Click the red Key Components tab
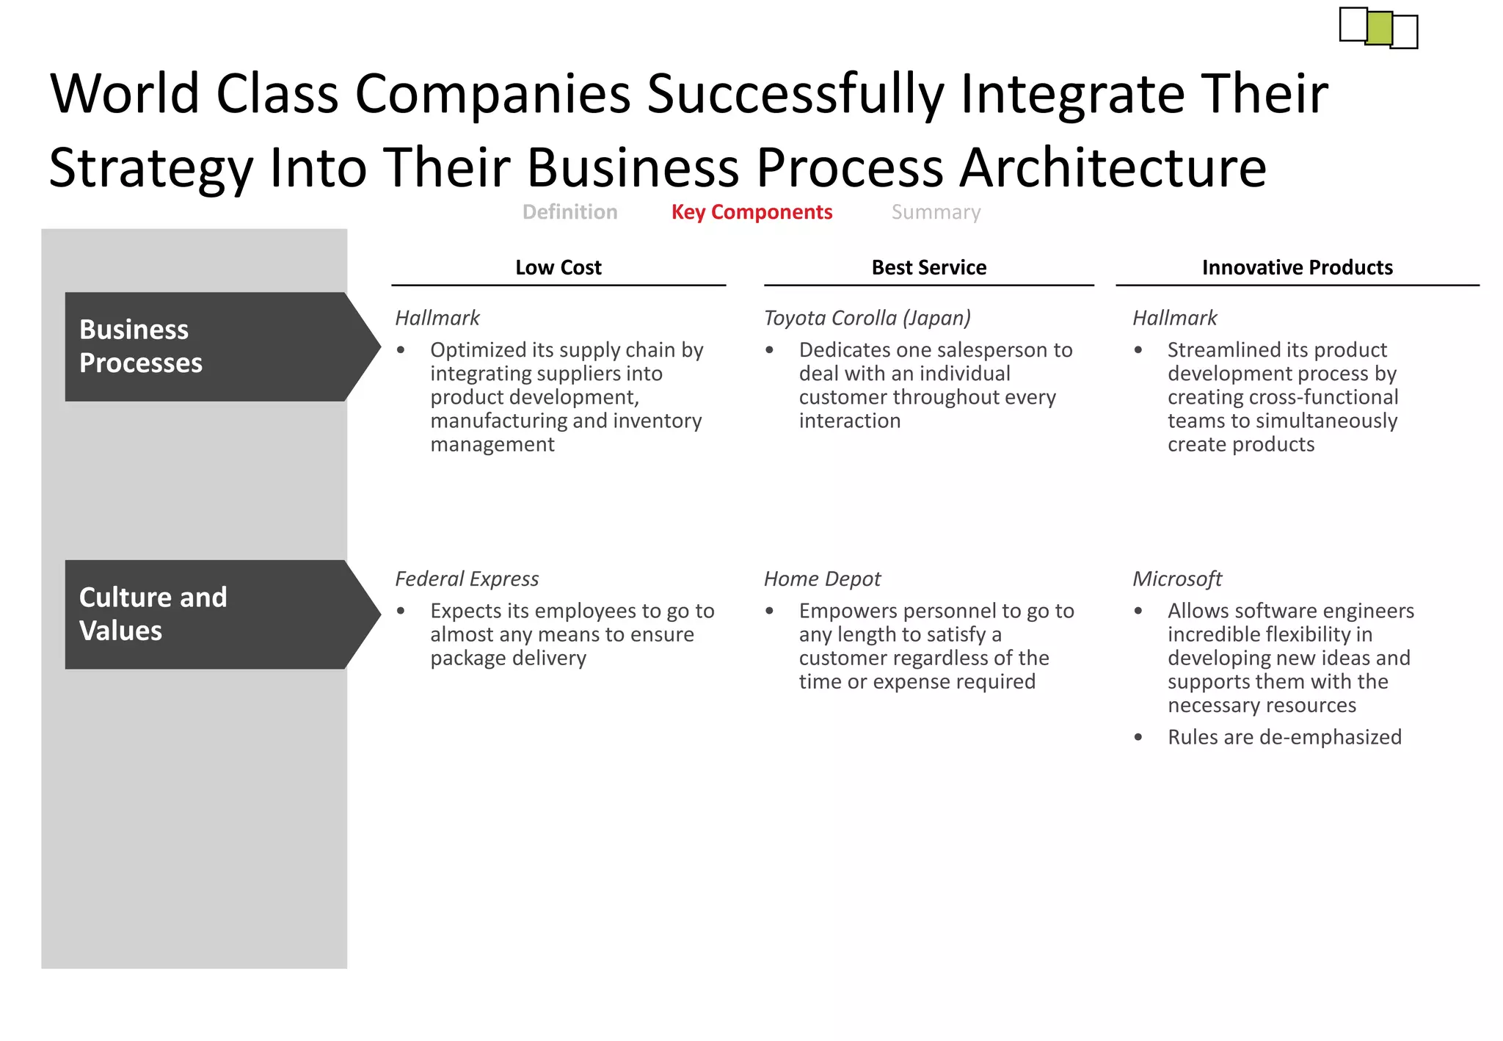pyautogui.click(x=751, y=212)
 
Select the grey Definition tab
pyautogui.click(x=569, y=212)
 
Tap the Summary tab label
pyautogui.click(x=936, y=212)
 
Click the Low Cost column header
pyautogui.click(x=558, y=267)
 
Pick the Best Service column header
pyautogui.click(x=928, y=267)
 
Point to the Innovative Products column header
pyautogui.click(x=1297, y=267)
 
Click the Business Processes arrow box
pyautogui.click(x=213, y=347)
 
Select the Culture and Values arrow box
pyautogui.click(x=213, y=614)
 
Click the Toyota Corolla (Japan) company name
pyautogui.click(x=867, y=318)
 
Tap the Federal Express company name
pyautogui.click(x=467, y=579)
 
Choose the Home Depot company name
pyautogui.click(x=822, y=579)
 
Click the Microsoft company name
pyautogui.click(x=1176, y=579)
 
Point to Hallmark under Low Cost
pyautogui.click(x=437, y=318)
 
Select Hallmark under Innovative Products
pyautogui.click(x=1174, y=318)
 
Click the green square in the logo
pyautogui.click(x=1379, y=28)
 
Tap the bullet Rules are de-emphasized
pyautogui.click(x=1284, y=737)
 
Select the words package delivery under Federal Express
pyautogui.click(x=508, y=659)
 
